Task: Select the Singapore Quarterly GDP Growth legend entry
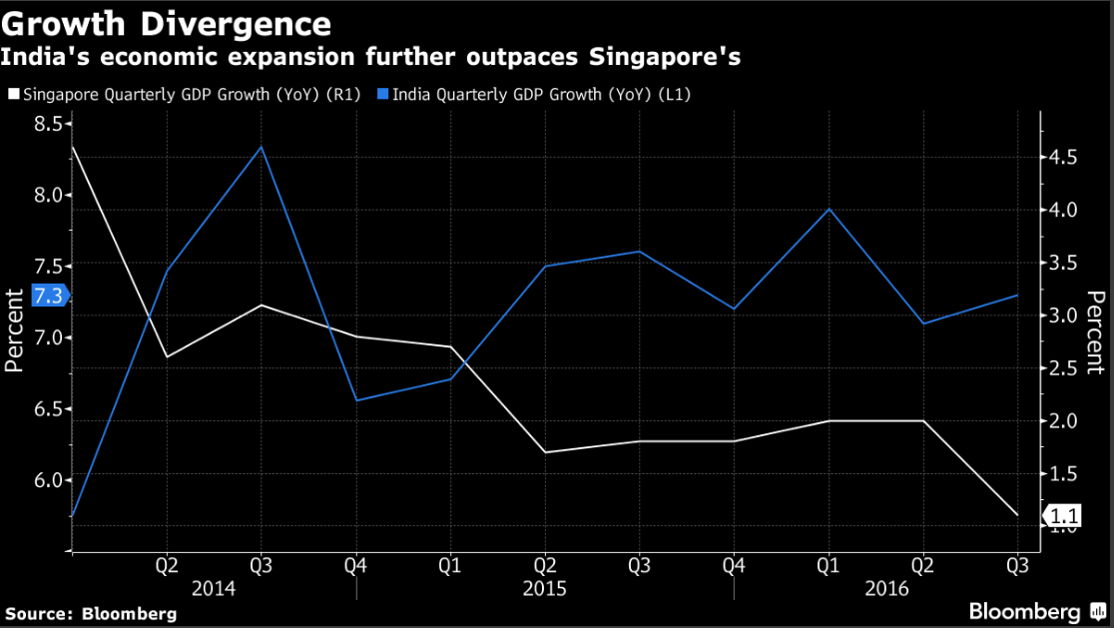(x=185, y=95)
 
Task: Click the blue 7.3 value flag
(x=48, y=297)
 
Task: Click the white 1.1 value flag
(x=1063, y=516)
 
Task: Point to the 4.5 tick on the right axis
(x=1062, y=158)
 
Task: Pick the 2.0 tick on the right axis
(x=1062, y=421)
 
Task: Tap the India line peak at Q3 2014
(x=261, y=147)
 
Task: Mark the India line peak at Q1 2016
(x=828, y=209)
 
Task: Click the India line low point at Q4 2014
(x=355, y=400)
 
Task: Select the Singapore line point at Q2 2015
(x=544, y=452)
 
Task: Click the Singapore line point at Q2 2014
(x=166, y=356)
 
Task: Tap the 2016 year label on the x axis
(x=886, y=589)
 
